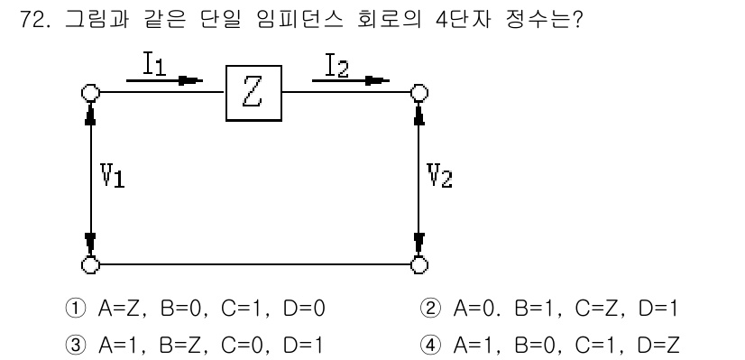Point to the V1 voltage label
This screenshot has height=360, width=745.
point(112,176)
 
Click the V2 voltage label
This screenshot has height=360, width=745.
point(441,176)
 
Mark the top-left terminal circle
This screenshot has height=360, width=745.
point(89,93)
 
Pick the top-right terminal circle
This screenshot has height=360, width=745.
point(418,93)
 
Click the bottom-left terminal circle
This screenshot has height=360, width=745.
point(89,264)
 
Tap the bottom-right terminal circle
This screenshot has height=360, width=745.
point(418,264)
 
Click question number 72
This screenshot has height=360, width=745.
point(32,20)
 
